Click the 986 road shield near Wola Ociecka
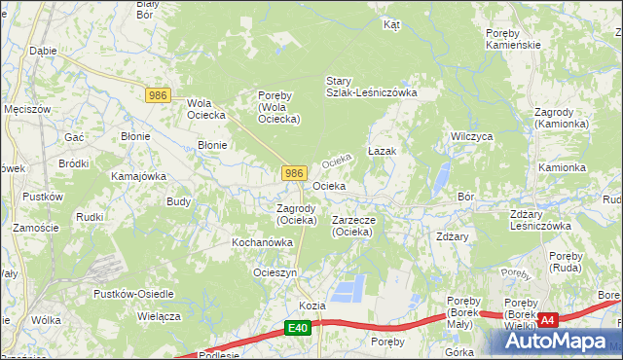(160, 95)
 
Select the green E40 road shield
(299, 331)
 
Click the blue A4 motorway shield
(548, 319)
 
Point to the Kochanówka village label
(262, 241)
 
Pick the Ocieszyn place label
(275, 273)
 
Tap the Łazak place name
(382, 153)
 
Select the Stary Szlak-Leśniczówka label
(371, 87)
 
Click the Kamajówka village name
(138, 176)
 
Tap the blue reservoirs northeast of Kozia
(350, 287)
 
